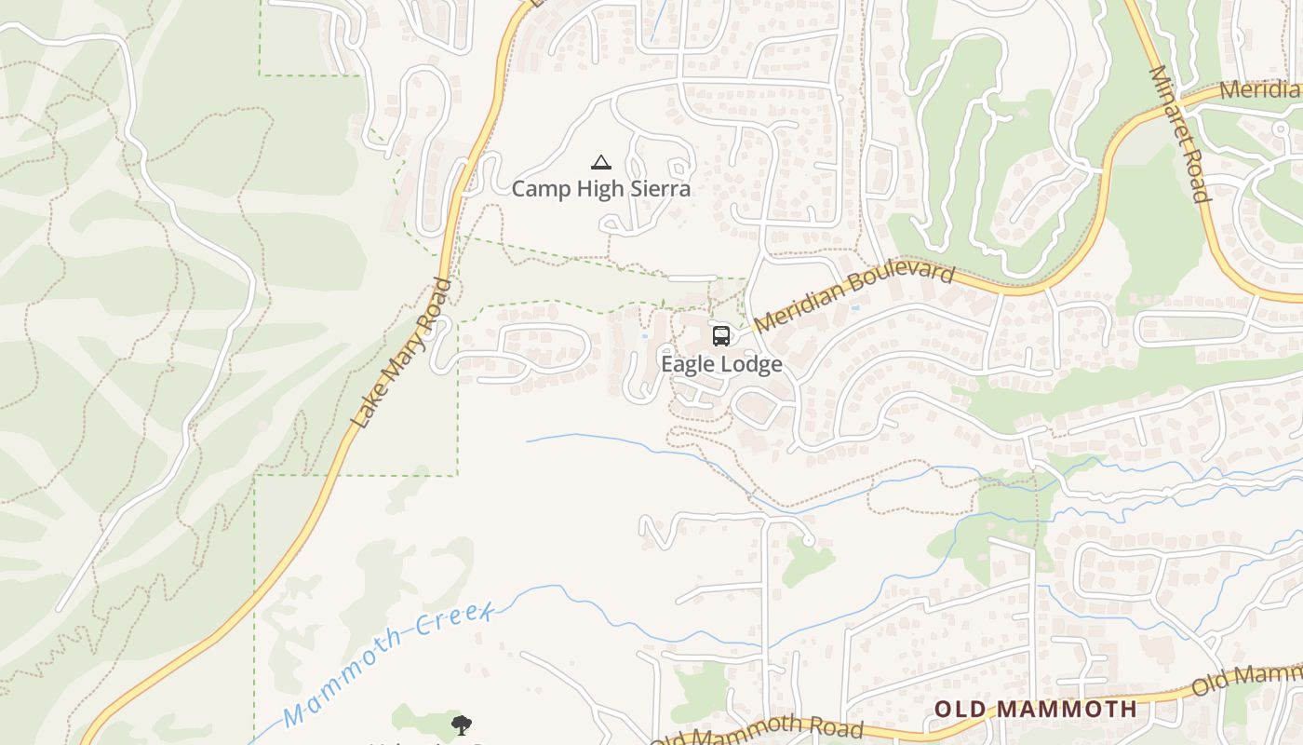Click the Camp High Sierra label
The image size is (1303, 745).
tap(601, 189)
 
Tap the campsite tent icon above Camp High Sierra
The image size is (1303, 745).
tap(601, 163)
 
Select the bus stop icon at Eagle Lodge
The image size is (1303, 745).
tap(721, 336)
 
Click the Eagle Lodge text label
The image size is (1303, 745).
tap(721, 364)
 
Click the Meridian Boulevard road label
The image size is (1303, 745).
tap(854, 297)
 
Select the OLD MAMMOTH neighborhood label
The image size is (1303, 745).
tap(1035, 709)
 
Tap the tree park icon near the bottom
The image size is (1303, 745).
tap(461, 725)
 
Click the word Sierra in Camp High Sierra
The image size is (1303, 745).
tap(657, 189)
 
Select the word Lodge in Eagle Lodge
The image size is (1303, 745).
tap(752, 364)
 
